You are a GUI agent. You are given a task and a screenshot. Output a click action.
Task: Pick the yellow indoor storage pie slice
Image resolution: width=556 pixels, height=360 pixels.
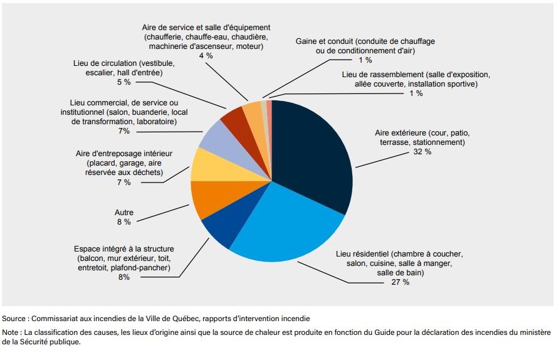[205, 164]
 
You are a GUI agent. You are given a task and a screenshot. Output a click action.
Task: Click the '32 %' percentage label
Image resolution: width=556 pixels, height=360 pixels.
[422, 152]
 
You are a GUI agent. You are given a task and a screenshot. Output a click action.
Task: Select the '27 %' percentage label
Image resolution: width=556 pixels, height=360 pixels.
[401, 282]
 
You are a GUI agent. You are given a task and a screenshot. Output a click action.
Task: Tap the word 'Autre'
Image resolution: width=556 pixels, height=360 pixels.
[124, 213]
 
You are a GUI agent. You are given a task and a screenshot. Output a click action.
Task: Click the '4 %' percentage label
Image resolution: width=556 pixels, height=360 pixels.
[206, 56]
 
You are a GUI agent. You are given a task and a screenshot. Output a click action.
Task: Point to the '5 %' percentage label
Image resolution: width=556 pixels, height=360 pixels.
[123, 82]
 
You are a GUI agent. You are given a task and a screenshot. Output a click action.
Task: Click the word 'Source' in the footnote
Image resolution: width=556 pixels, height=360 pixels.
[14, 319]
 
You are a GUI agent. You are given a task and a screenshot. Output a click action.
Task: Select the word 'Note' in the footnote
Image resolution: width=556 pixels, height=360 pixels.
[11, 332]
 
